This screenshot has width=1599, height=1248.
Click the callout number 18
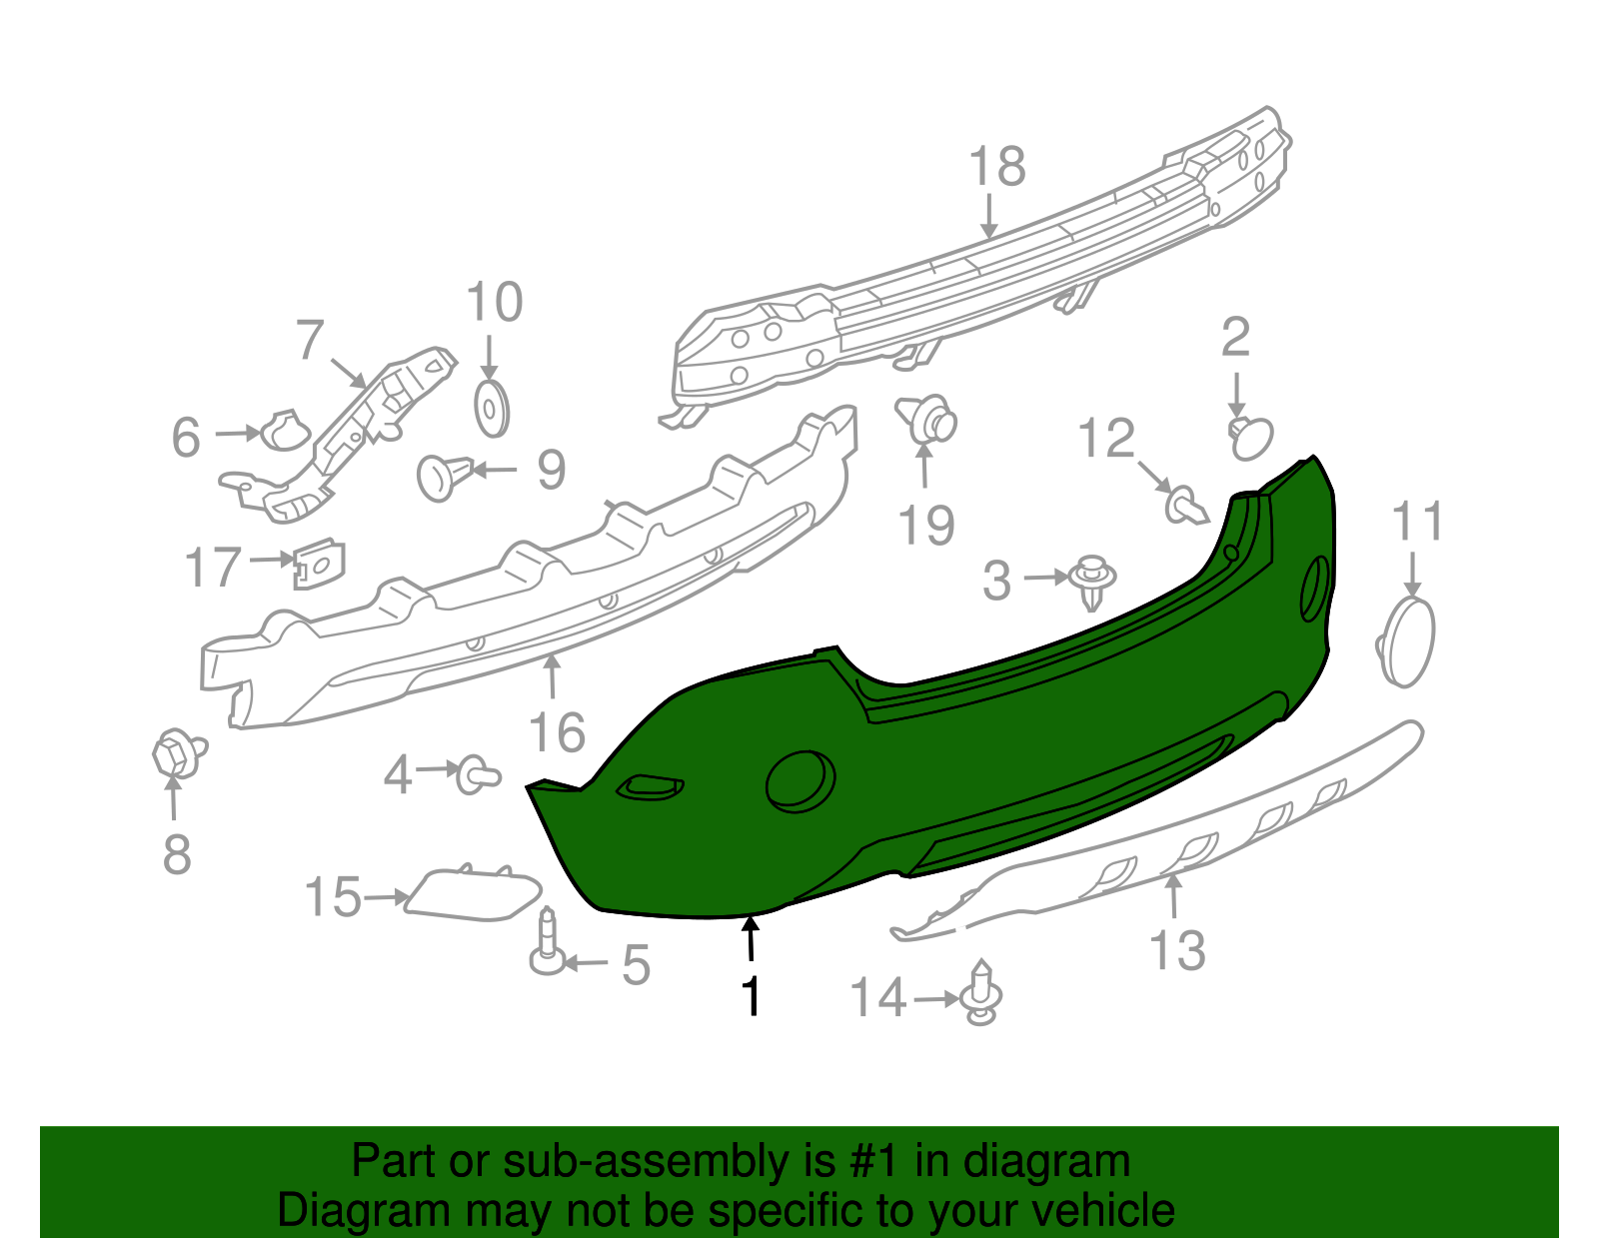tap(996, 166)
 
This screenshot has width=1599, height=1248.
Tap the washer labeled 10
tap(491, 409)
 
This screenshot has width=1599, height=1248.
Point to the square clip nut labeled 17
tap(318, 566)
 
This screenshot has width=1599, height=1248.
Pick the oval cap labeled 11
tap(1408, 640)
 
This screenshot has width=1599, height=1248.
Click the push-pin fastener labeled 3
tap(1092, 582)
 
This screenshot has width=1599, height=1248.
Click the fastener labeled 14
tap(981, 993)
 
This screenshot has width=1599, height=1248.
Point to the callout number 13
tap(1177, 949)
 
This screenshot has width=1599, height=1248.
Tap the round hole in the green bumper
tap(799, 779)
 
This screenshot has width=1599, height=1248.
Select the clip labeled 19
tap(927, 421)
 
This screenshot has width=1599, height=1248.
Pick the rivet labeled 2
tap(1250, 438)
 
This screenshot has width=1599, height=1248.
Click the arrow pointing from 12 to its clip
tap(1154, 476)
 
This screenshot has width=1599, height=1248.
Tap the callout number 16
tap(557, 732)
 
